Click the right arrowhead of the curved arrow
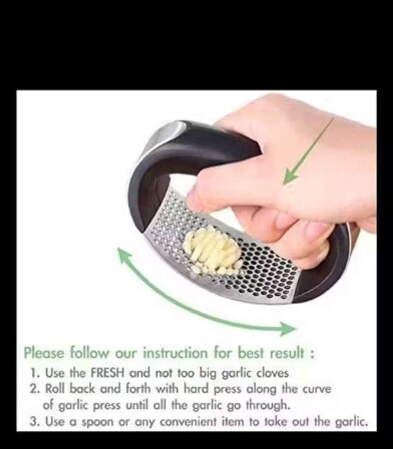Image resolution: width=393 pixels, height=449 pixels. tap(287, 328)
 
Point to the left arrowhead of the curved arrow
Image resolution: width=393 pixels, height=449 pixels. tap(125, 255)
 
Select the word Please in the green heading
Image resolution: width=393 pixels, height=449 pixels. tap(44, 352)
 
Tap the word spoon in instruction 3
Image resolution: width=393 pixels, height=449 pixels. tap(97, 422)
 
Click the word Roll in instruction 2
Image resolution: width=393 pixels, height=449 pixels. tap(55, 389)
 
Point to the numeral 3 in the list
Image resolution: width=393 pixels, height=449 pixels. tap(34, 422)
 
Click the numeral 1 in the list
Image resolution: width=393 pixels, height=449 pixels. tap(34, 373)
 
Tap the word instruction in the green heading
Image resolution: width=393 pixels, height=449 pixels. tap(175, 352)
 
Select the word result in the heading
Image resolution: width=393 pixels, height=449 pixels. tap(287, 352)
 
